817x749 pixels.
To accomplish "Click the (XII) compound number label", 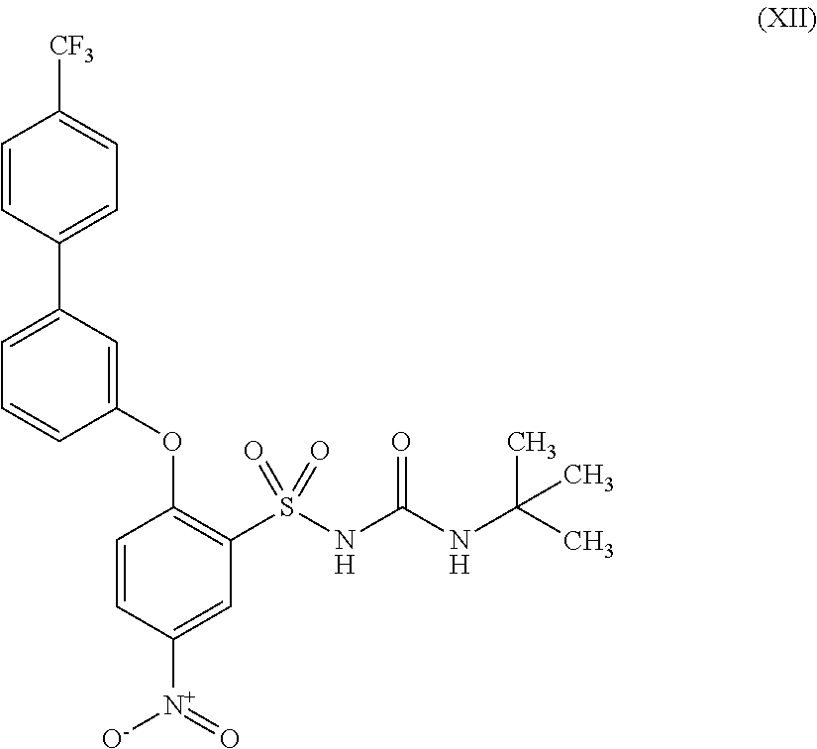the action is pyautogui.click(x=785, y=21).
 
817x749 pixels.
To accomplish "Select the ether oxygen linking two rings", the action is pyautogui.click(x=172, y=437).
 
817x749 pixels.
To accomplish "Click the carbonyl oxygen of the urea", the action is pyautogui.click(x=401, y=442).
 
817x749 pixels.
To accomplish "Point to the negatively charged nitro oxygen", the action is pyautogui.click(x=118, y=737).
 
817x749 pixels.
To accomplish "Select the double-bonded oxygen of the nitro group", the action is pyautogui.click(x=230, y=736).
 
